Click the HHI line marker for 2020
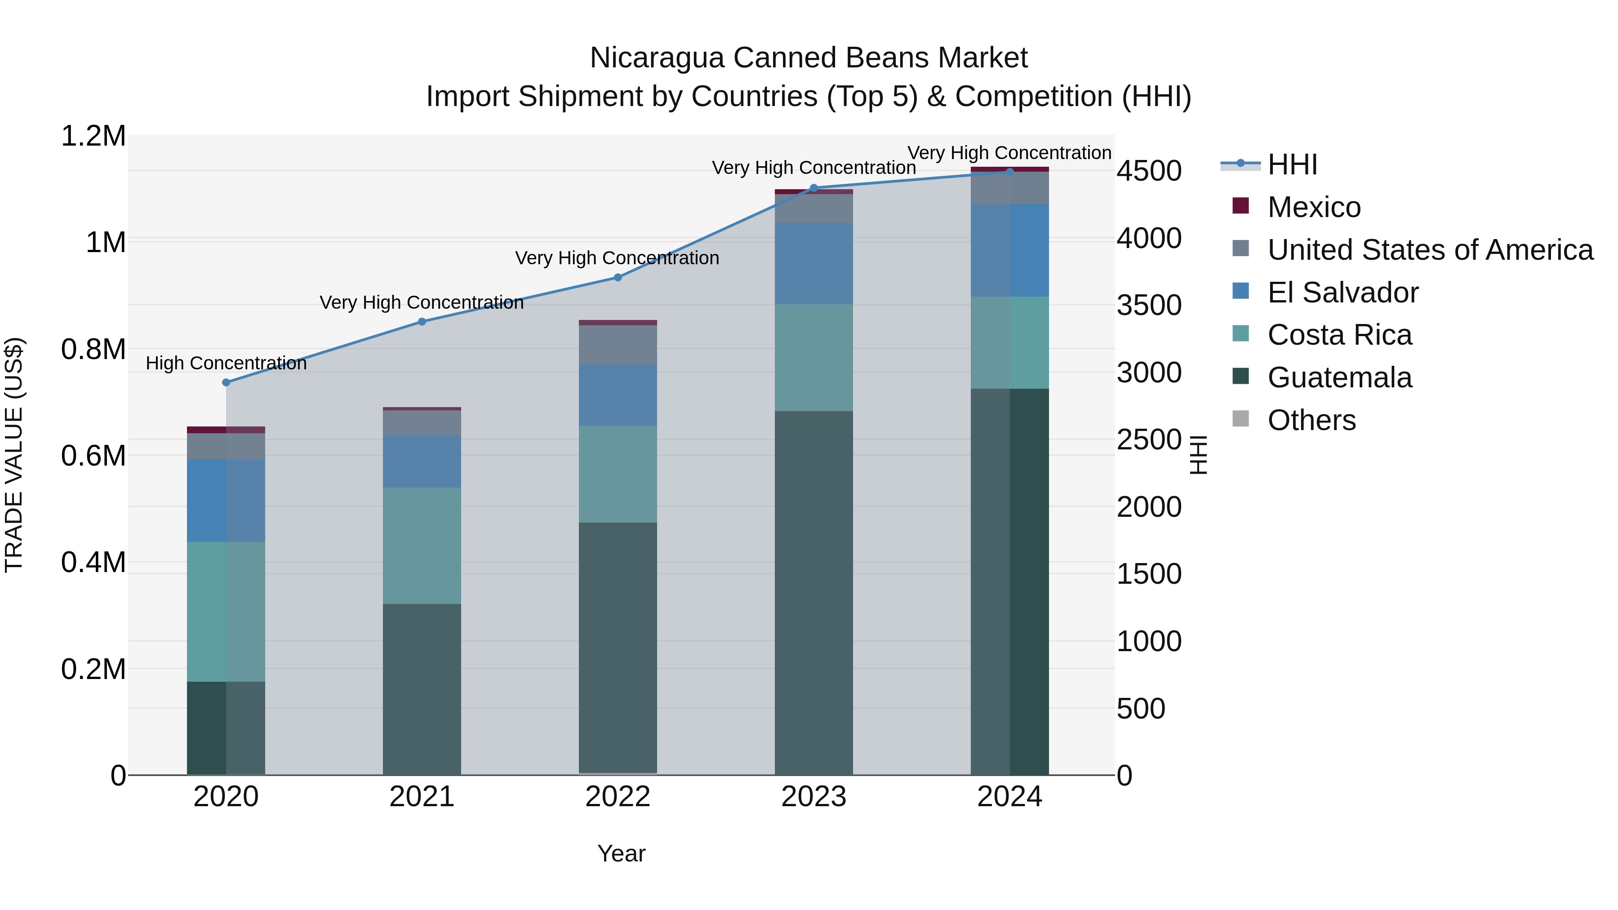point(226,382)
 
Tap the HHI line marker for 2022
point(618,277)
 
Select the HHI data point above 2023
point(813,188)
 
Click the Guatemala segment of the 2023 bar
point(813,593)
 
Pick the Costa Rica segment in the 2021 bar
point(422,545)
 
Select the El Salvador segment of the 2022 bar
point(618,395)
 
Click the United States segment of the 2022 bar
point(618,345)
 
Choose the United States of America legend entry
point(1430,250)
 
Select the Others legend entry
point(1311,420)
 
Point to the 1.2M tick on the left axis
point(93,136)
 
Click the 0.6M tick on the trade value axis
point(93,456)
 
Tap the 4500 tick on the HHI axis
point(1149,171)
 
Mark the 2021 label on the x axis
point(422,797)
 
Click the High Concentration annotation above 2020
point(226,363)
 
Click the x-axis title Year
point(621,853)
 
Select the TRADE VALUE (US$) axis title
point(14,455)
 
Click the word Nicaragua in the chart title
point(656,58)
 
